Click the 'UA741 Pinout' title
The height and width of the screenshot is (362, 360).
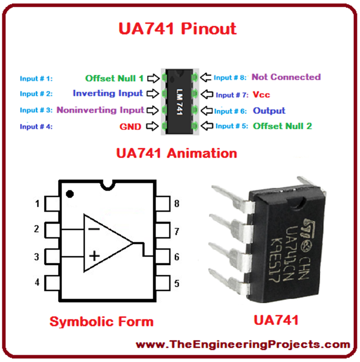pos(177,29)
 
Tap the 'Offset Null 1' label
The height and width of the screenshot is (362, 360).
pos(114,78)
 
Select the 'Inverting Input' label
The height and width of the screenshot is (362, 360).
pos(108,93)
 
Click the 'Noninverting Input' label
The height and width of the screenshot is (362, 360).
pos(100,110)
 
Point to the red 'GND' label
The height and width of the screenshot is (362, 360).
pos(130,127)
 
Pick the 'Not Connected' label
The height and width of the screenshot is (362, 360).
pos(286,77)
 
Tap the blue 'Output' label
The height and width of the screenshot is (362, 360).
pos(269,111)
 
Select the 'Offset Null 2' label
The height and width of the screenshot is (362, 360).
pos(282,126)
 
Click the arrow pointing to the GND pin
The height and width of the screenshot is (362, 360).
pos(153,126)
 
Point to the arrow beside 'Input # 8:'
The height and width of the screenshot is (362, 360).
pos(206,77)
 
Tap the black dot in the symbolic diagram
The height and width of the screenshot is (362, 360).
pos(70,193)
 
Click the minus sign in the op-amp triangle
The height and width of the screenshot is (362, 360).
pos(94,228)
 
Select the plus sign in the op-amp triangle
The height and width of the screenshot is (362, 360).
pos(94,255)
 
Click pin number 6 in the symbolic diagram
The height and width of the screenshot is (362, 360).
pos(177,257)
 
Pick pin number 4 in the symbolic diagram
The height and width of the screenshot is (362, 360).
pos(37,282)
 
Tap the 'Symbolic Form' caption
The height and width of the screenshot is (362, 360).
pos(101,321)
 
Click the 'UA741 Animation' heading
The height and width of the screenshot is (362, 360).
pos(176,154)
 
